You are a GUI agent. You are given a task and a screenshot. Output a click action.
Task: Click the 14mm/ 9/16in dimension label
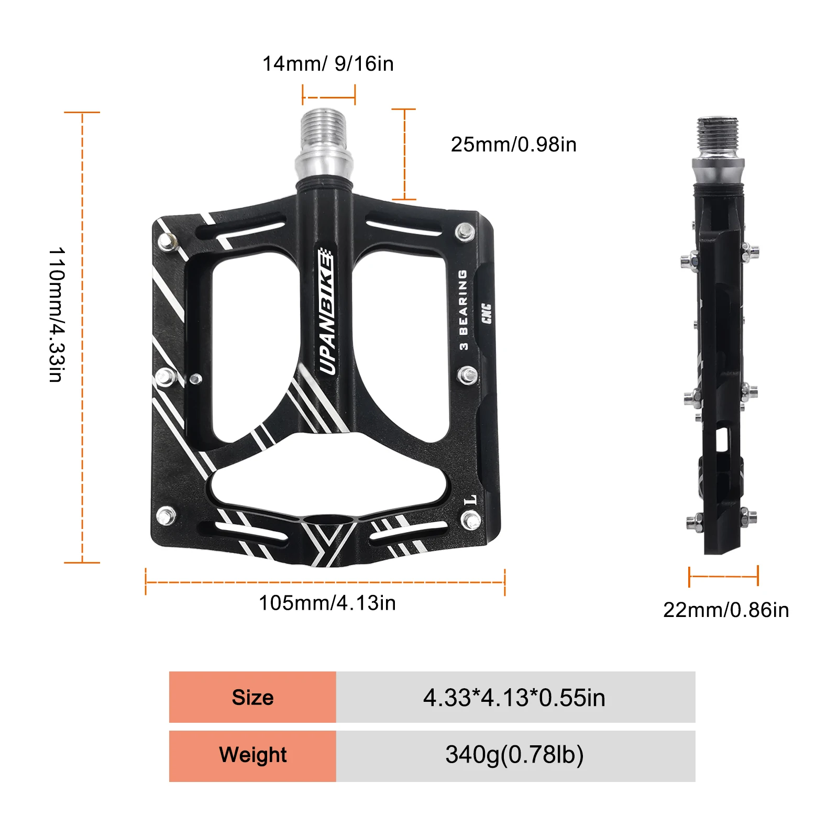point(327,64)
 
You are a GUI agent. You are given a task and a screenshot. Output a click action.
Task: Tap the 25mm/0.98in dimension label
point(513,145)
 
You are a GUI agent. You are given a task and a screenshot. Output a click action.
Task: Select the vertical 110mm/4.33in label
point(57,314)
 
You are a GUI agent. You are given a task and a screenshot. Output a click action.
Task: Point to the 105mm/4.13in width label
point(327,603)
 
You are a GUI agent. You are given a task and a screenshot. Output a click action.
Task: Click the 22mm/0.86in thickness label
point(726,610)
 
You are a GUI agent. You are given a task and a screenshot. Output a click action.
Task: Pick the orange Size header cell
point(252,697)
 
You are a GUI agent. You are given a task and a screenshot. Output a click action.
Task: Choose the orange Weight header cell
point(252,755)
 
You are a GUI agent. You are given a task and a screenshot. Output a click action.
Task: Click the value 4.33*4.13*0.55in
point(514,698)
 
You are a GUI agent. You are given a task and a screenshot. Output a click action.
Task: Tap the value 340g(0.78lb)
point(514,755)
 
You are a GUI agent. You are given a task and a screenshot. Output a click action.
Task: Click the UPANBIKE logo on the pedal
point(327,312)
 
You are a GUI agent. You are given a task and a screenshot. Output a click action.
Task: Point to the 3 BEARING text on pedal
point(463,310)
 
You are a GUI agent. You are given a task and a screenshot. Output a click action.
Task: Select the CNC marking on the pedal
point(487,313)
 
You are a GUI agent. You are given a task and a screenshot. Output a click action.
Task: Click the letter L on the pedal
point(470,500)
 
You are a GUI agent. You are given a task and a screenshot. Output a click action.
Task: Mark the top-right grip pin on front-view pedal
point(464,231)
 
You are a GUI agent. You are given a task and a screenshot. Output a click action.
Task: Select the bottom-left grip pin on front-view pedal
point(166,516)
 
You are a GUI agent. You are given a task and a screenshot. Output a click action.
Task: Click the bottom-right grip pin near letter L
point(470,521)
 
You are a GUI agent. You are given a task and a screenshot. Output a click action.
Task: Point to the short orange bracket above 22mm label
point(723,576)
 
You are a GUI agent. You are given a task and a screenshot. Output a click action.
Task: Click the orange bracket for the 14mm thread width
point(328,96)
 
